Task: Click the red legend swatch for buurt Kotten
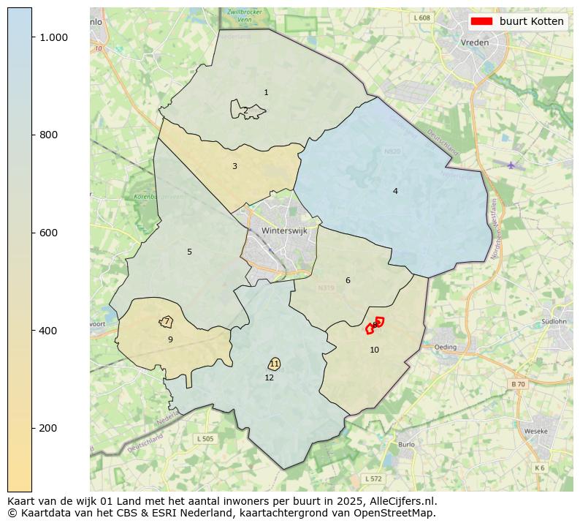[481, 21]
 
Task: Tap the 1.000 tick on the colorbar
[54, 37]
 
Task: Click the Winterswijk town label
[284, 230]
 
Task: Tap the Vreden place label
[475, 42]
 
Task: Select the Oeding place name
[445, 347]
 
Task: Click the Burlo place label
[406, 444]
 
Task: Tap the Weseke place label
[535, 432]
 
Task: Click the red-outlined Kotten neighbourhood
[375, 326]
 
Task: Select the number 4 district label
[395, 191]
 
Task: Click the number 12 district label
[270, 377]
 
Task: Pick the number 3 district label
[234, 166]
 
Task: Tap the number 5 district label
[189, 252]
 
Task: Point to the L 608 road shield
[421, 18]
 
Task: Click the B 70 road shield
[517, 383]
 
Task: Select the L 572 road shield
[373, 478]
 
